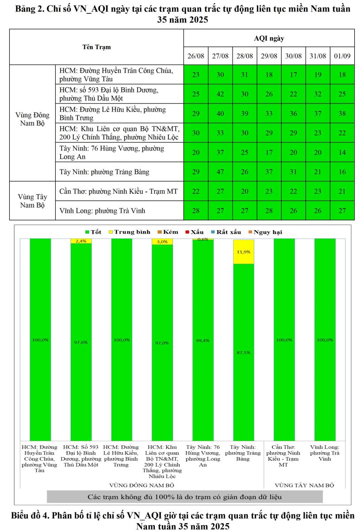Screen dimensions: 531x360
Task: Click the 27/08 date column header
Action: [x=220, y=56]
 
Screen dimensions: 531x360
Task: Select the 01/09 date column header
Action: [x=342, y=56]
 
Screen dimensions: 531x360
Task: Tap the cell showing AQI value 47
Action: [x=220, y=172]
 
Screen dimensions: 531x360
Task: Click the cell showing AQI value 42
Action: [x=220, y=94]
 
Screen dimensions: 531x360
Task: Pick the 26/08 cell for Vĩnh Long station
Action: [x=195, y=211]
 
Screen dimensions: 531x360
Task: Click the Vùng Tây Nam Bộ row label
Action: [x=32, y=200]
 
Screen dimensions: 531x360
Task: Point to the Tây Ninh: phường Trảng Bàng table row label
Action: [x=104, y=172]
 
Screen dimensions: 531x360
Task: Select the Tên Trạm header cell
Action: [x=96, y=47]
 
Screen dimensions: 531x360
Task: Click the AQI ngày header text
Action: [x=269, y=38]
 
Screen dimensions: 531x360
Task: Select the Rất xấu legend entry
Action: [x=226, y=232]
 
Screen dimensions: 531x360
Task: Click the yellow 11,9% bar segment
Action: [x=244, y=252]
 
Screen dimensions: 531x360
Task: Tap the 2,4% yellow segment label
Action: [x=81, y=241]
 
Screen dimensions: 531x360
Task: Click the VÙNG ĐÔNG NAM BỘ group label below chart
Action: [x=142, y=485]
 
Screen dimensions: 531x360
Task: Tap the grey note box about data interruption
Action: [x=185, y=497]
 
